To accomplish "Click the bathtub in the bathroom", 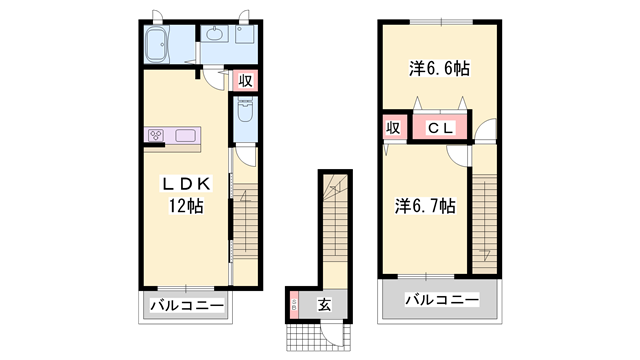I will tap(161, 44).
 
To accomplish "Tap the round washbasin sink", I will tap(215, 35).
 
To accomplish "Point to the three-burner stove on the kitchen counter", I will tap(158, 135).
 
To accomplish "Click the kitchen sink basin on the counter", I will tap(186, 136).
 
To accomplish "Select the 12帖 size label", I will tap(186, 207).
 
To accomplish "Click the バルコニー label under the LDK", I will tap(186, 305).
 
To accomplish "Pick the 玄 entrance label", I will tap(325, 304).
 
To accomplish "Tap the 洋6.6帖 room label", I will tap(440, 69).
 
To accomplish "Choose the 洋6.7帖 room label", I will tap(425, 206).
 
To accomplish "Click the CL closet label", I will tap(441, 128).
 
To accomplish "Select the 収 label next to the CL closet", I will tap(394, 128).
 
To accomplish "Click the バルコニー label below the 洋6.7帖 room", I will tap(441, 299).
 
